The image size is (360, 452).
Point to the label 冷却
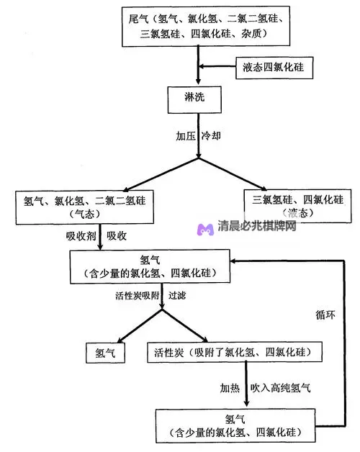point(211,135)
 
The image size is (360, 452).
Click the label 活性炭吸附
point(139,296)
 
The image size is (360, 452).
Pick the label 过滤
point(178,296)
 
